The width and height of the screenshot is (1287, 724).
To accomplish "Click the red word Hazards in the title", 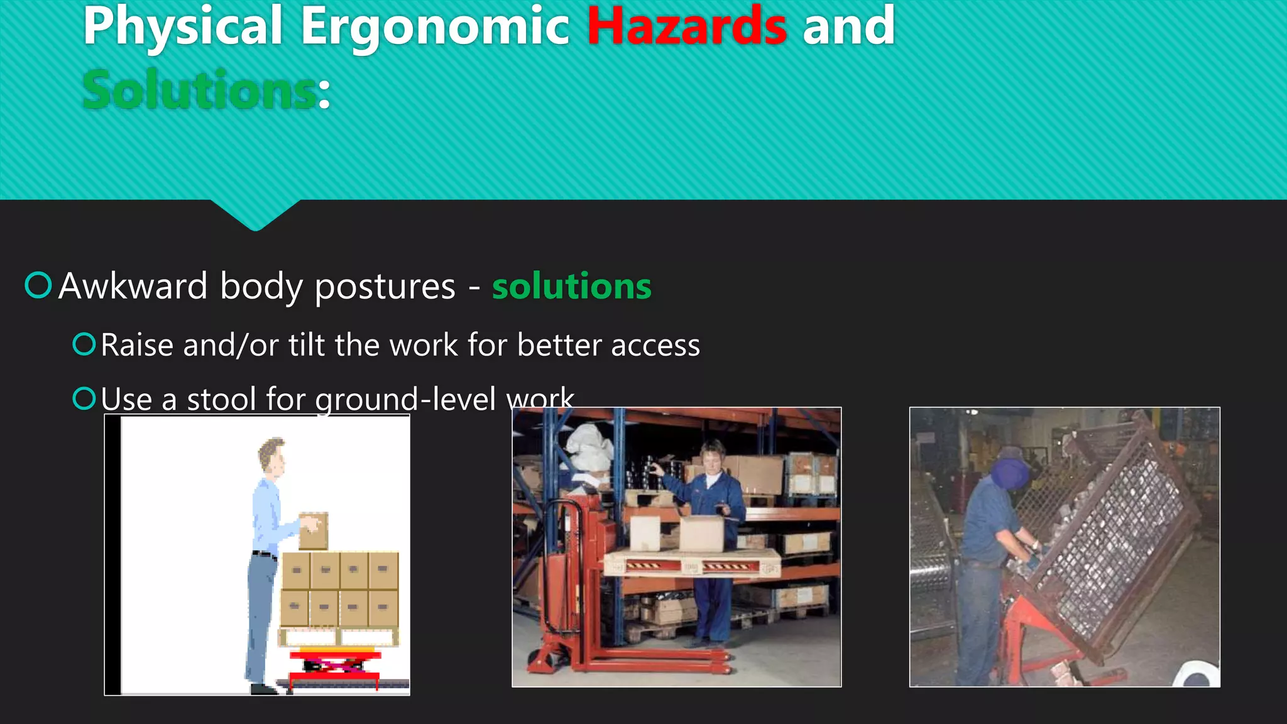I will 686,26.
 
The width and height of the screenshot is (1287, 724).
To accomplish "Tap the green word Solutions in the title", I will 199,90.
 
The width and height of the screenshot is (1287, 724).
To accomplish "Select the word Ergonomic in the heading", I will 434,26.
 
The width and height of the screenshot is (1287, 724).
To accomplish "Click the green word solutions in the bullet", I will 571,287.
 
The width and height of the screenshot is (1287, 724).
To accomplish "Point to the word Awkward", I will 133,287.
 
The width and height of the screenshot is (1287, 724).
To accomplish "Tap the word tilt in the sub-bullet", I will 307,345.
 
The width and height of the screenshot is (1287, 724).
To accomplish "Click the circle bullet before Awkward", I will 38,285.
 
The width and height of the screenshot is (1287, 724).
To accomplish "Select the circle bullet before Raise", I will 84,344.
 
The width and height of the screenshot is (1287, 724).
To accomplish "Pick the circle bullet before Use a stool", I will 84,398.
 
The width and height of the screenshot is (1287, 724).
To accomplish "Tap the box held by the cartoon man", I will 314,530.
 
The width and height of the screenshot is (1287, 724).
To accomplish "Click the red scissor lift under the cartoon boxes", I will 334,663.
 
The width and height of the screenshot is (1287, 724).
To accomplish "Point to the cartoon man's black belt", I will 264,554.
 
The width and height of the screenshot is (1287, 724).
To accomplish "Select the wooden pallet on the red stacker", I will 691,564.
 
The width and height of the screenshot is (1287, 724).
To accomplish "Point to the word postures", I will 385,287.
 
